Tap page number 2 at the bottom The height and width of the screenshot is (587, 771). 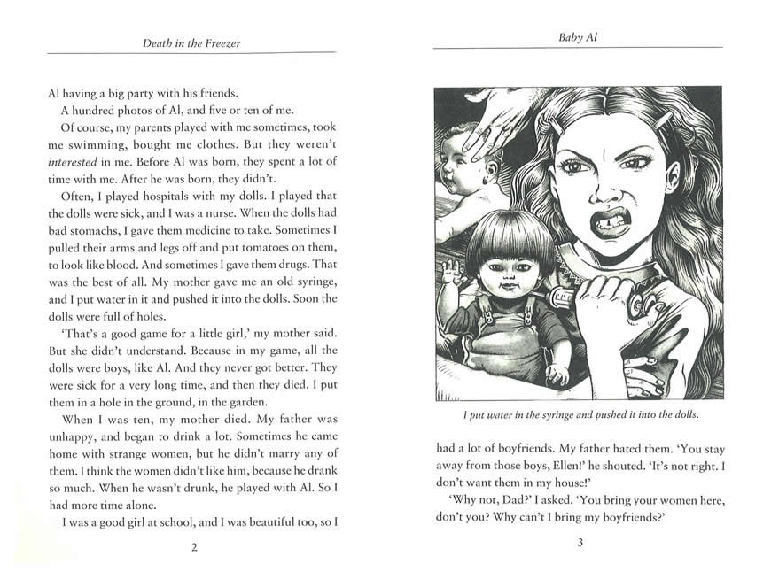point(194,547)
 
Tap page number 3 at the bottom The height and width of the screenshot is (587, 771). point(580,542)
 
